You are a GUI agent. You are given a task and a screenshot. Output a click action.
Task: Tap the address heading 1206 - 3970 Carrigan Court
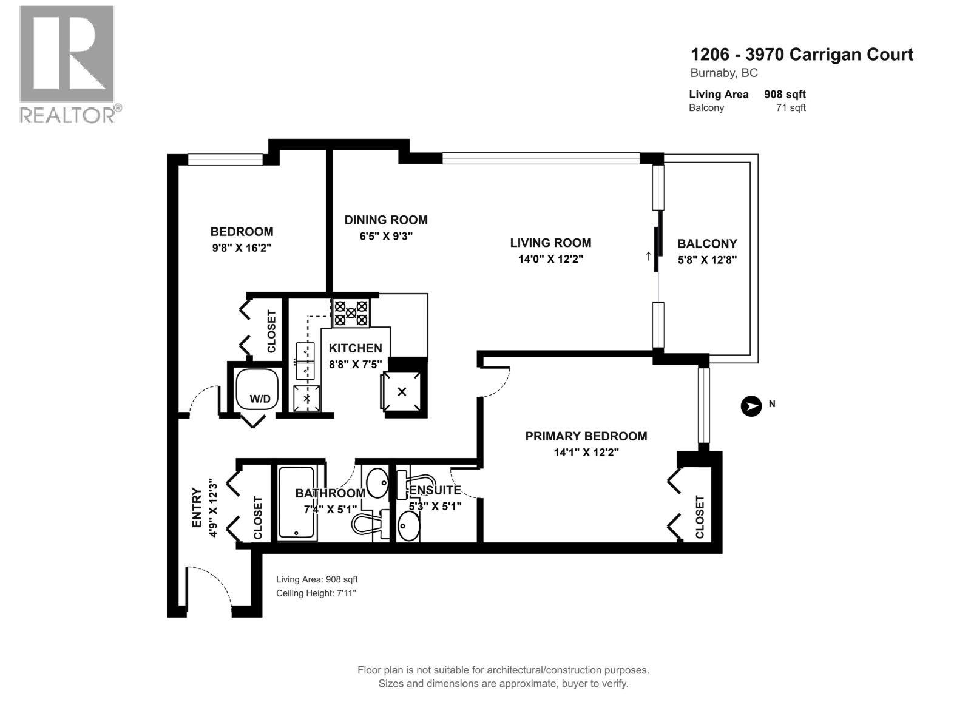(x=801, y=55)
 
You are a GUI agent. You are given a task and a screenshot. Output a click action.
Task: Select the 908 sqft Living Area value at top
(x=785, y=94)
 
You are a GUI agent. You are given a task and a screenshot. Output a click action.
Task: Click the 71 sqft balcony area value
(x=791, y=108)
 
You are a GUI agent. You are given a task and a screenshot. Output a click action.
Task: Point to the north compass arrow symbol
(x=751, y=406)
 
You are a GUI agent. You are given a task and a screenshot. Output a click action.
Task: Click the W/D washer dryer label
(x=260, y=399)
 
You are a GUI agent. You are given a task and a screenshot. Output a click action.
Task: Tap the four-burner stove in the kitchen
(x=351, y=313)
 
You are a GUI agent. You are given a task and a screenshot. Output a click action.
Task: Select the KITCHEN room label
(x=356, y=348)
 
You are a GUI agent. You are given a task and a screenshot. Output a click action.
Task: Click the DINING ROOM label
(x=386, y=220)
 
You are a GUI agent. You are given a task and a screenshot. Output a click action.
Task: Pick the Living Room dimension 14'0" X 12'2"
(x=550, y=259)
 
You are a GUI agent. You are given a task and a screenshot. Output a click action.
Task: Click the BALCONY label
(x=707, y=244)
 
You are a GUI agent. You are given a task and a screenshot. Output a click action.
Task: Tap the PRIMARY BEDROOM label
(x=586, y=436)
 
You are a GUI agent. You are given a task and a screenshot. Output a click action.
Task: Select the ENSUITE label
(x=435, y=490)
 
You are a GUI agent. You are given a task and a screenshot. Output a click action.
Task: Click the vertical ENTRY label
(x=197, y=507)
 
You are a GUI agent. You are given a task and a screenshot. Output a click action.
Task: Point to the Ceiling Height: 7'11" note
(x=316, y=593)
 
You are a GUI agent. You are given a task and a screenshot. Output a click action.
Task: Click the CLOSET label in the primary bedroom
(x=700, y=517)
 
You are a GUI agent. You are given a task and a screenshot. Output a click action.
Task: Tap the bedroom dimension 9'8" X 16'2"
(x=242, y=248)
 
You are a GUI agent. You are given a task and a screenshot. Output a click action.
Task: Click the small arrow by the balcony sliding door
(x=648, y=256)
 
